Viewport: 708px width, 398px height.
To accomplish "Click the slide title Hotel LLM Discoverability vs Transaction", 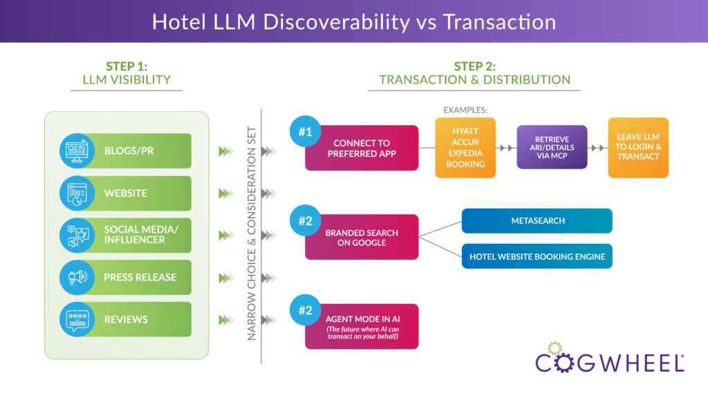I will [353, 21].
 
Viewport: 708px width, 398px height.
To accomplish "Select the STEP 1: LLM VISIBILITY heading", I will [127, 73].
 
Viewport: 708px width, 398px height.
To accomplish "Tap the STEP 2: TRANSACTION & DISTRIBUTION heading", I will [474, 73].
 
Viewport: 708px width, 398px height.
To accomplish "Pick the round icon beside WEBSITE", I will [76, 193].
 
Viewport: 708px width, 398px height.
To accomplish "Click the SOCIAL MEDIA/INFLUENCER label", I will [140, 235].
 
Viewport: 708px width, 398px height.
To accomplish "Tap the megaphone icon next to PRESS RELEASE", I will [76, 277].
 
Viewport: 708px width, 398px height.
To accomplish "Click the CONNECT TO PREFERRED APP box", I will [362, 148].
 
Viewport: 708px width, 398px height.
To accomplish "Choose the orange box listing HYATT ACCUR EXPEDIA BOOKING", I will [465, 148].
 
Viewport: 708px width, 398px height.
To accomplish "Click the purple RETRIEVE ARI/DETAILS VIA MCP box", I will [552, 147].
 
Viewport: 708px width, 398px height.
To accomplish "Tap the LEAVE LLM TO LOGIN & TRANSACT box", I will [638, 147].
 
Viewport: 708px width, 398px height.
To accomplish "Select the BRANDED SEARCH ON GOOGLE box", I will [362, 237].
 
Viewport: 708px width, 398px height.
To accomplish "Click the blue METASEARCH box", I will [537, 220].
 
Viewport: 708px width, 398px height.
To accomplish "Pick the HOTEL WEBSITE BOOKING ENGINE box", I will [537, 256].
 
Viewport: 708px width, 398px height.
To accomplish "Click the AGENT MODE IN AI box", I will [362, 326].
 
